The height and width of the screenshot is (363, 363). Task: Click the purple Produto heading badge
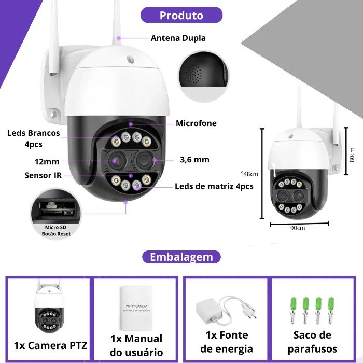point(181,15)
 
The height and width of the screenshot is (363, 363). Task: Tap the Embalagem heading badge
point(181,257)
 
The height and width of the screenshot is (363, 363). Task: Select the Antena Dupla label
point(178,38)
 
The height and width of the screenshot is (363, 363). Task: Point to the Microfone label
point(196,123)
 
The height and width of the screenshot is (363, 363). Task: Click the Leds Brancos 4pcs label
point(33,138)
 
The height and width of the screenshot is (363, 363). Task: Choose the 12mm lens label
point(47,161)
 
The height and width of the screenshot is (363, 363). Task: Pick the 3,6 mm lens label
point(194,160)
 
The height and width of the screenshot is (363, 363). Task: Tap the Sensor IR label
point(43,175)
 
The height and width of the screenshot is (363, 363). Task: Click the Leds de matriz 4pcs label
point(214,186)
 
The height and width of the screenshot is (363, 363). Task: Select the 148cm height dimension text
point(250,174)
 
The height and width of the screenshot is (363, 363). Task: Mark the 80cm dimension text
point(352,154)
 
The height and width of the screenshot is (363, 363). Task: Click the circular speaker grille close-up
point(203,76)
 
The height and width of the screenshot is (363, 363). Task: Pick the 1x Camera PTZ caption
point(51,345)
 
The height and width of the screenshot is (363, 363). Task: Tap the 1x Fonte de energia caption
point(227,342)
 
